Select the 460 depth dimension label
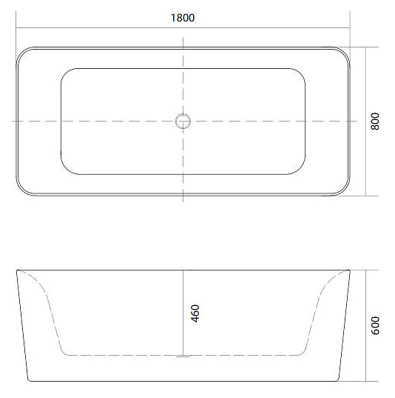195,313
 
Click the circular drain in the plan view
182,121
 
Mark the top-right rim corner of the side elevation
349,271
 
